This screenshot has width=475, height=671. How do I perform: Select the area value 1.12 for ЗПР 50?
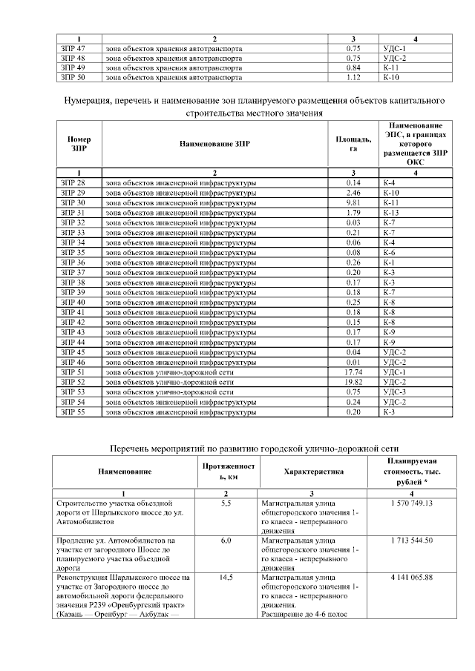pos(353,76)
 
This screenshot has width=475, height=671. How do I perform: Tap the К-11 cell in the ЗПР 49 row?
pos(391,67)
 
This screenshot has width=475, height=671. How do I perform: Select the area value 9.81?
pos(353,202)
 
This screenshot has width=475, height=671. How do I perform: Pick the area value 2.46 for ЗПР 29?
pos(353,193)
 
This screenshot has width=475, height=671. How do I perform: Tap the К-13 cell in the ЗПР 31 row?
pos(391,213)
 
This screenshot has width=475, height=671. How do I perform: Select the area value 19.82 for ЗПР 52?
pos(353,382)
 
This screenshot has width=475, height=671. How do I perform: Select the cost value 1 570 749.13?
pos(410,503)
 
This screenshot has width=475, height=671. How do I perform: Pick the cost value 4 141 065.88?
pos(410,577)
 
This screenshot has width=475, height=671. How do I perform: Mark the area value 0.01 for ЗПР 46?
pos(353,362)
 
